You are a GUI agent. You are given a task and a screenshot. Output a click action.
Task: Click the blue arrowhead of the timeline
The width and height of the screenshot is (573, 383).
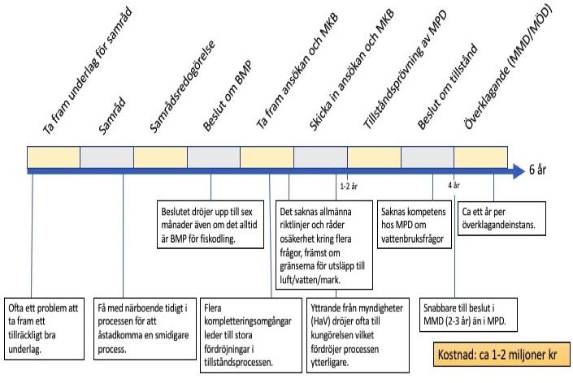tap(519, 171)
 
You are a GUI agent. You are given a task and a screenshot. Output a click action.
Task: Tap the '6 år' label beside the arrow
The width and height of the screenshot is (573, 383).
tap(537, 170)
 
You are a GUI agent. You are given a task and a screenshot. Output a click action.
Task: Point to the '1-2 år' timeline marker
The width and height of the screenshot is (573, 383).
tap(349, 187)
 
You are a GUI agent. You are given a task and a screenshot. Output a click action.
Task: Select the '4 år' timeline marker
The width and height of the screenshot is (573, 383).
tap(454, 185)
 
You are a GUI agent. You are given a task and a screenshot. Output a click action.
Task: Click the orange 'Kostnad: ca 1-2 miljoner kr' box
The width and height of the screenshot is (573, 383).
tap(501, 354)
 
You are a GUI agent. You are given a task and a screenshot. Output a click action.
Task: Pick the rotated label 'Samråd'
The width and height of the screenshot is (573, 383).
tap(112, 116)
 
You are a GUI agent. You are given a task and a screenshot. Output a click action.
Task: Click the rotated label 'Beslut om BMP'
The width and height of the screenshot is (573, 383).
tap(228, 97)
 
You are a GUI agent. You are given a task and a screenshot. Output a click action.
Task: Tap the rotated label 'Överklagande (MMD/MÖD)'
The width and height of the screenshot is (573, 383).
tap(508, 68)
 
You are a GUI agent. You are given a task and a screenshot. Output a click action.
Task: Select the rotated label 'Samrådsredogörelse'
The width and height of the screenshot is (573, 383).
tap(182, 87)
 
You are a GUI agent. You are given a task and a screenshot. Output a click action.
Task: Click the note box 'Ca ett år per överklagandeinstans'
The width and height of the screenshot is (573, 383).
tap(501, 218)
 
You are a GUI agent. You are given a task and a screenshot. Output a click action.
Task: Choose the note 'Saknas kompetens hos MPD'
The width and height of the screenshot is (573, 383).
tap(414, 225)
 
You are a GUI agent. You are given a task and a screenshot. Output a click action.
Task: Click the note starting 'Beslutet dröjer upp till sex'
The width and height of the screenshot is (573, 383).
tap(211, 225)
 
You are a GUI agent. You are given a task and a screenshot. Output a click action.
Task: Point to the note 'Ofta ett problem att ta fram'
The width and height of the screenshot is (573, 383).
tap(44, 329)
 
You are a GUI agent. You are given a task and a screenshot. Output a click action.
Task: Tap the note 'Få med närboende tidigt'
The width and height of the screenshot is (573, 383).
tap(145, 329)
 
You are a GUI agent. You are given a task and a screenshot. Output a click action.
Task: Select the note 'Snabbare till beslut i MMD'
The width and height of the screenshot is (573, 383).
tap(468, 314)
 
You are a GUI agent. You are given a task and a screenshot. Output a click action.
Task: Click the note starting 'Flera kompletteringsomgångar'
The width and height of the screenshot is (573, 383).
tap(250, 335)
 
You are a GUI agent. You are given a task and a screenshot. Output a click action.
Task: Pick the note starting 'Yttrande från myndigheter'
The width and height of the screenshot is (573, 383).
tap(358, 335)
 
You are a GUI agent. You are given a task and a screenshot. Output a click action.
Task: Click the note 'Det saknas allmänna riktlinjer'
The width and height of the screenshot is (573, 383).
tap(323, 245)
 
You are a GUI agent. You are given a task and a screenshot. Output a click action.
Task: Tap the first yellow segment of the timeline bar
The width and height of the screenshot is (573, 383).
tap(54, 157)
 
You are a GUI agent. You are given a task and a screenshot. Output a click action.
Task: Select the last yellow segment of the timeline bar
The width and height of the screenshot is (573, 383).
tap(480, 157)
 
